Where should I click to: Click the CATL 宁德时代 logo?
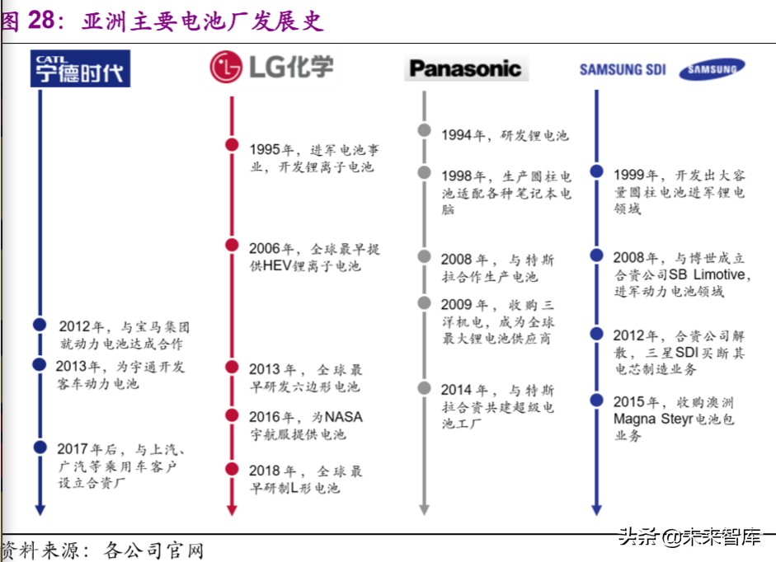click(x=80, y=68)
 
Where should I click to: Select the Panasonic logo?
click(x=465, y=68)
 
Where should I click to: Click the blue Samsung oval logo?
click(x=712, y=70)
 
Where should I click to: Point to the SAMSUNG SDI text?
click(x=623, y=70)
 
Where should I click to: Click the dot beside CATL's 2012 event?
click(x=39, y=325)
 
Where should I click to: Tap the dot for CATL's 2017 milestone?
click(x=39, y=447)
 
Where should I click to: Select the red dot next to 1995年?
click(x=232, y=145)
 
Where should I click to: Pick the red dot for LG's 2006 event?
click(x=232, y=246)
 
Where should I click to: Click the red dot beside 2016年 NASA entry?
click(x=232, y=415)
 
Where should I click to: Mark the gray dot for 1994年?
click(x=424, y=130)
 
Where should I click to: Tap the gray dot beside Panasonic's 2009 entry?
click(x=424, y=302)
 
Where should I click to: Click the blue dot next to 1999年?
click(x=595, y=172)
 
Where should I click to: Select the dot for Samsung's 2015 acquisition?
click(x=595, y=400)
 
